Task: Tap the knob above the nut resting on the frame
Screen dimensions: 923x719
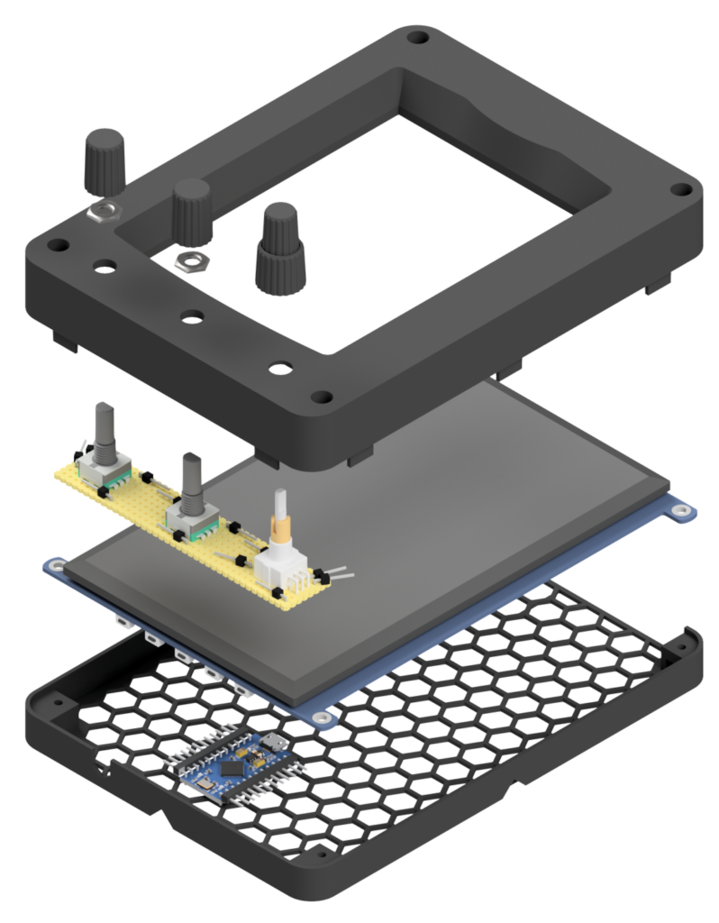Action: point(104,161)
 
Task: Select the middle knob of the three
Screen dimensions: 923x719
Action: point(192,209)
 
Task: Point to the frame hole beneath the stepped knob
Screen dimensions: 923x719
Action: point(281,368)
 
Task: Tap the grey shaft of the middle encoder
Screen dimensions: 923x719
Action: point(192,474)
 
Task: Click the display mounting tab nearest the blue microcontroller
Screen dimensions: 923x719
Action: point(320,717)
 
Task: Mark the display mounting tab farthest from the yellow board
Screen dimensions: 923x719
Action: point(686,511)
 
